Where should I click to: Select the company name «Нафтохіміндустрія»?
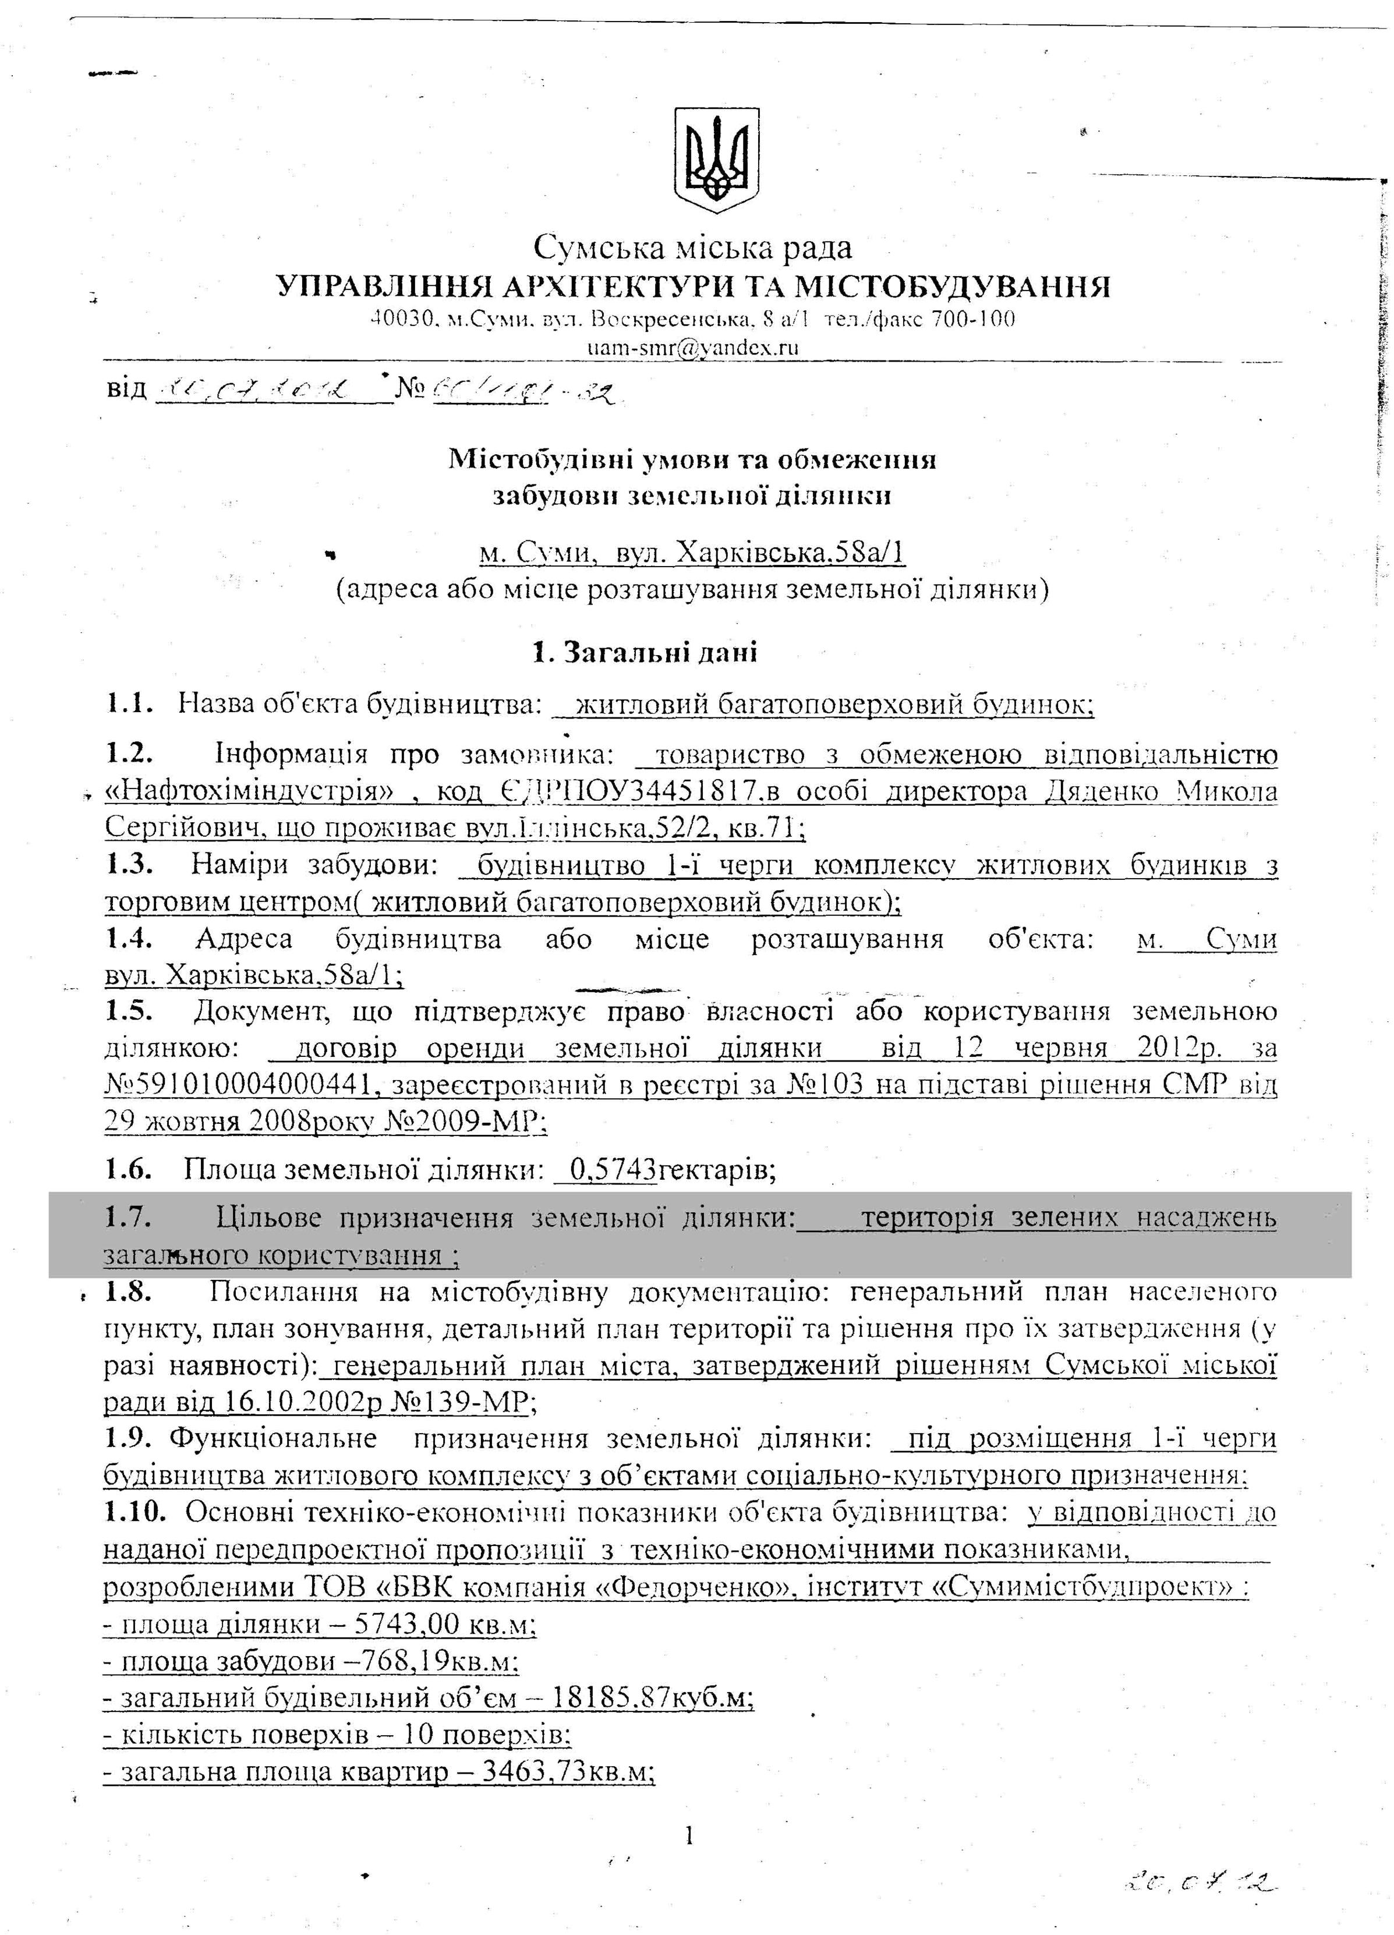click(x=248, y=793)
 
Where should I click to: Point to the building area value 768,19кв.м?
click(x=444, y=1662)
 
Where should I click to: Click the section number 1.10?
click(x=134, y=1513)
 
